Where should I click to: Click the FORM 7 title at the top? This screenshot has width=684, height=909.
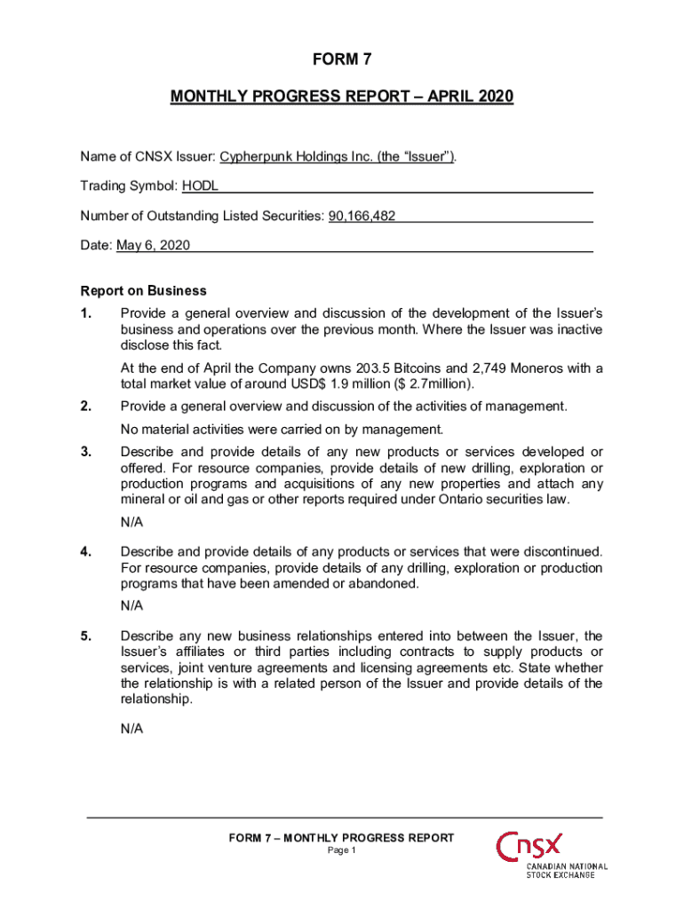342,59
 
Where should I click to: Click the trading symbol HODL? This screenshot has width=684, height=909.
200,186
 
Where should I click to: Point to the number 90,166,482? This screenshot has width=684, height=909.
362,216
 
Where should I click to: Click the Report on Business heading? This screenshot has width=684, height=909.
143,290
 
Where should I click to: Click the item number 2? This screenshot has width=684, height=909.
86,407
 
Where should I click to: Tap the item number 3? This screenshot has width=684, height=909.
86,452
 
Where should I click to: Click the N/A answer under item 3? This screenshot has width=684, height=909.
131,522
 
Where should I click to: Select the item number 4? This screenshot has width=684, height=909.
86,552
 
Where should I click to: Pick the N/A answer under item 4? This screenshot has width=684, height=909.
131,605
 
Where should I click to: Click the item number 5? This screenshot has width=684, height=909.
86,636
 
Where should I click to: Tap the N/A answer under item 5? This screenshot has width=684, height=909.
131,729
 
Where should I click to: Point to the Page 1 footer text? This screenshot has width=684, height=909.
342,851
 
